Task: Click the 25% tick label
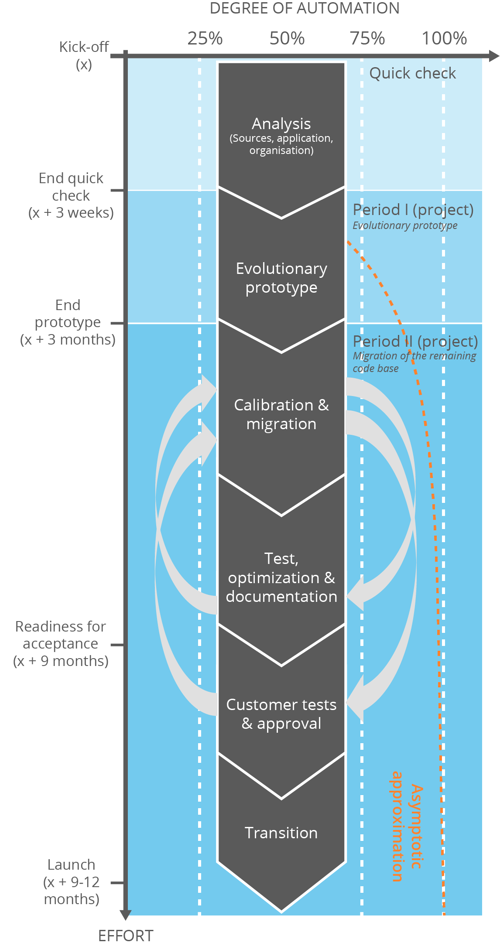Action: coord(205,38)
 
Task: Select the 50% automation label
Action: coord(287,38)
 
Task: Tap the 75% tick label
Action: coord(367,38)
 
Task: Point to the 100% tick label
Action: coord(444,38)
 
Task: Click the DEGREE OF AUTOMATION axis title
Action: coord(305,9)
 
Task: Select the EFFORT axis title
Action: coord(126,936)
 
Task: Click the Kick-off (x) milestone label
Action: coord(84,55)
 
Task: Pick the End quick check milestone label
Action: coord(71,195)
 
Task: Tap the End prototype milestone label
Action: coord(68,322)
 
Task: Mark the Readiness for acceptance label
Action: coord(61,643)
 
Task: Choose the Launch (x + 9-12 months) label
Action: coord(72,881)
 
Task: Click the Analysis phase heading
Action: coord(281,124)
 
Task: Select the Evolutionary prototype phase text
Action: coord(281,278)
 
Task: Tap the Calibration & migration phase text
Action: coord(281,414)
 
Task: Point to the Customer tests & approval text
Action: coord(281,714)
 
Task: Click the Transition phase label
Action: coord(281,833)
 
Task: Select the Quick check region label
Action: coord(412,73)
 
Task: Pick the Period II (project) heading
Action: coord(415,341)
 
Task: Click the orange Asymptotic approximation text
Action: coord(406,826)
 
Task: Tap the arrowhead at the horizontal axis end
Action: coord(494,56)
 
